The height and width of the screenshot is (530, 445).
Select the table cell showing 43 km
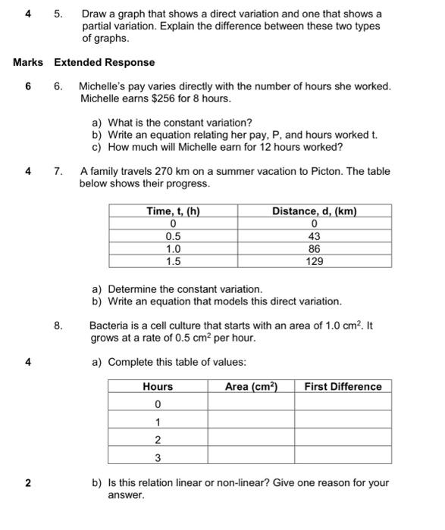pos(315,236)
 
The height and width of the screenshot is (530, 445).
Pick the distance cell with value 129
pos(315,261)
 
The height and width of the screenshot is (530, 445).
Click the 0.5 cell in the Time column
pos(173,236)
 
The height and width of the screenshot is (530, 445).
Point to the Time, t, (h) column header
pos(173,211)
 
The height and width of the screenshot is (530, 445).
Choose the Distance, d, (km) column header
pos(315,211)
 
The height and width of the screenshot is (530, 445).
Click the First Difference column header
pos(343,387)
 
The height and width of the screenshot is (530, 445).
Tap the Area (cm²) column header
pos(251,387)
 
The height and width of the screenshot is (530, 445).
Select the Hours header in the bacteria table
pos(158,387)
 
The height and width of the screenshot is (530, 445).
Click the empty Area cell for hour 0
pos(251,404)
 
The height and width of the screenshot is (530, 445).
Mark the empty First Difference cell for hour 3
pos(343,457)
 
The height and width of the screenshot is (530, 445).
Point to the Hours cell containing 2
pos(158,440)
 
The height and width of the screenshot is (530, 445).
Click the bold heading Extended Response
pos(104,63)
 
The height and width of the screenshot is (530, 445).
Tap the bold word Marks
pos(28,63)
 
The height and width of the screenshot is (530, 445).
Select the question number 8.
pos(58,326)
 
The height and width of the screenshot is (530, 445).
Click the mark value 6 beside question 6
pos(28,87)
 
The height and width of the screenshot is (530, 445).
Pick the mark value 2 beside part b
pos(28,483)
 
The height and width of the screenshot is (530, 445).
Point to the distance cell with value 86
pos(315,248)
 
